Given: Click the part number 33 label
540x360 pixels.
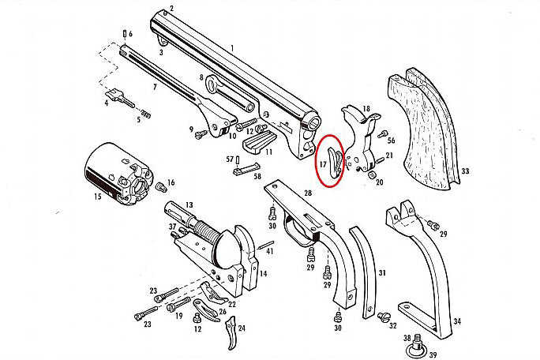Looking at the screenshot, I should click(x=466, y=171).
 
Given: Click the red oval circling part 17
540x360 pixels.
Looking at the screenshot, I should click(x=332, y=159).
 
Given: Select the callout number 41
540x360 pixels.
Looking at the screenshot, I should click(x=268, y=250).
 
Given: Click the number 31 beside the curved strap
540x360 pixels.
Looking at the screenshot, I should click(x=382, y=273).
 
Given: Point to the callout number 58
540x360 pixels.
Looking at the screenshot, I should click(x=257, y=177).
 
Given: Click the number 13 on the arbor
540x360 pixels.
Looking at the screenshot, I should click(x=189, y=204).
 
